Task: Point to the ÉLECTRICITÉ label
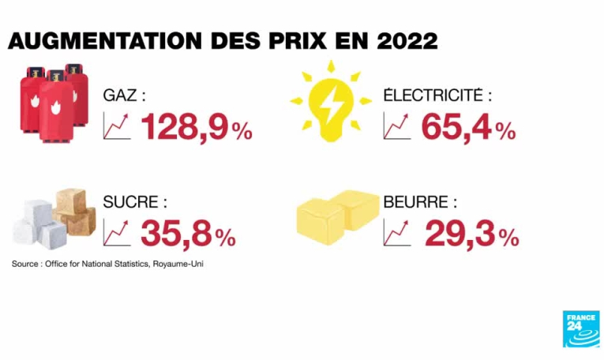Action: (437, 96)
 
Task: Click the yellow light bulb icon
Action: (331, 103)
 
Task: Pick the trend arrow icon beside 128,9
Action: (117, 126)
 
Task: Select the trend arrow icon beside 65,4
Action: (397, 126)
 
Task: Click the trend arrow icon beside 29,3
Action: (397, 232)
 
